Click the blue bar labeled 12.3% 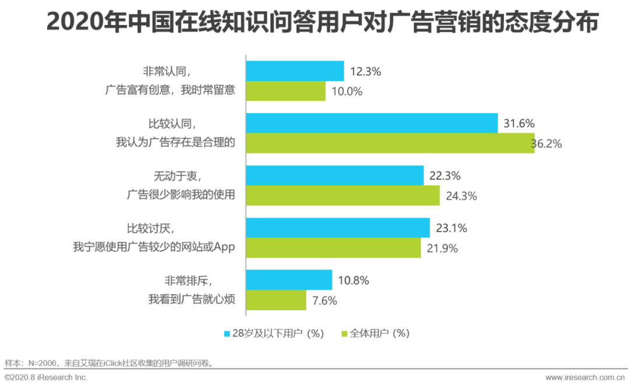pos(295,71)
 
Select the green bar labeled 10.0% pos(285,91)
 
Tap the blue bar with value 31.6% pos(372,123)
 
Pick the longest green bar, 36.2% pos(390,143)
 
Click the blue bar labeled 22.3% pos(334,175)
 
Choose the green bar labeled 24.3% pos(342,196)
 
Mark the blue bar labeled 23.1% pos(338,227)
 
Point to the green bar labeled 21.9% pos(333,248)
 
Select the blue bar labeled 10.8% pos(289,280)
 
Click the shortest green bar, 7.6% pos(276,300)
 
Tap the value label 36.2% pos(547,144)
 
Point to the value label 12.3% pos(366,72)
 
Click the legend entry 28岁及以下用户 pos(273,334)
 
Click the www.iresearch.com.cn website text pos(584,377)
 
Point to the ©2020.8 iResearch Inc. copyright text pos(46,377)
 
